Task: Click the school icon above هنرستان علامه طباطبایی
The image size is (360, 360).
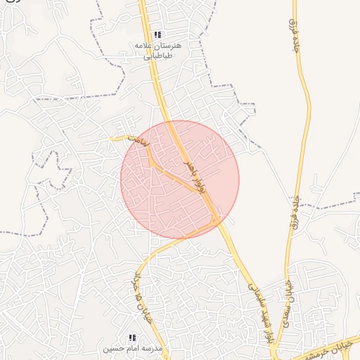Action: pos(157,34)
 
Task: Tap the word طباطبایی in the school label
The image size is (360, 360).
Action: pos(158,56)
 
